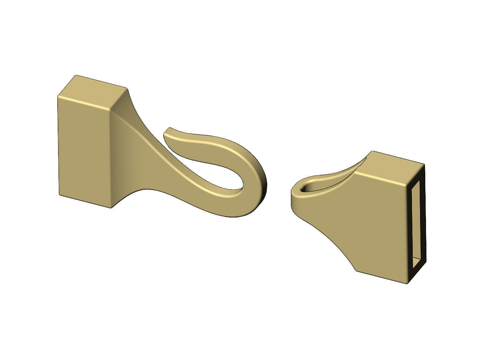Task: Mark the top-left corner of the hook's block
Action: (x=58, y=97)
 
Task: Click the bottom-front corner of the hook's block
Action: (x=111, y=208)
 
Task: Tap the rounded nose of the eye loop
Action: (x=294, y=194)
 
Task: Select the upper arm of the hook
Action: (x=207, y=142)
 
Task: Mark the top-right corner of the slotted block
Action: (x=423, y=163)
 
